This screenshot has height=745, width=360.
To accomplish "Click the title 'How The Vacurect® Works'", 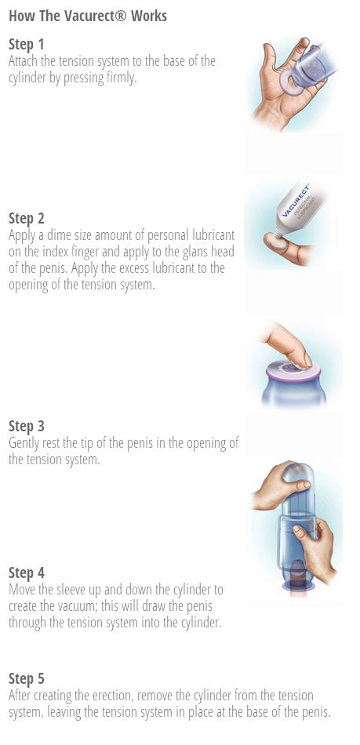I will pos(88,16).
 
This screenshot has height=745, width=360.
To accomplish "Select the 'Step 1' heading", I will pos(27,45).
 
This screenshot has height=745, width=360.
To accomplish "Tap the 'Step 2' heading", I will pos(27,218).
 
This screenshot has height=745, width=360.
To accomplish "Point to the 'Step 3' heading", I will pos(27,427).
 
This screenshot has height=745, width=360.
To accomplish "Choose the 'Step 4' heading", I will pos(27,573).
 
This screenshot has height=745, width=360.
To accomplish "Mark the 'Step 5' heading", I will pos(27,679).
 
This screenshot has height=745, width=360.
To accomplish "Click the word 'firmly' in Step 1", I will pos(120,78).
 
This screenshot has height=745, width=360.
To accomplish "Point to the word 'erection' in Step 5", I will pos(97,696).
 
